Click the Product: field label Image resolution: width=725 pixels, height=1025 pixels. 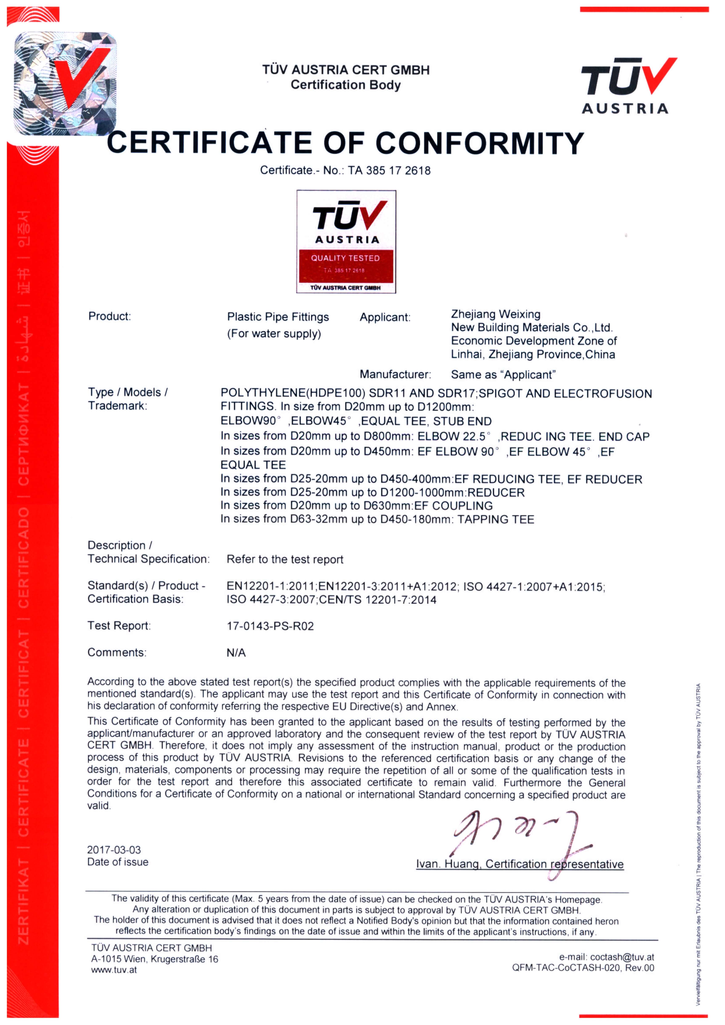109,316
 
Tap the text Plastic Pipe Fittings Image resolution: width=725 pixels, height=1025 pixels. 278,317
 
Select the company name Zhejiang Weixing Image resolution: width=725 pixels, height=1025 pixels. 496,314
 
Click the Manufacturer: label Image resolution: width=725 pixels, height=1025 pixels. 395,374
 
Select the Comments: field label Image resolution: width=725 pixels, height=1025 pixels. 117,653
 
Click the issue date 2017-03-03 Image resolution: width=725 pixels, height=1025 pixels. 114,850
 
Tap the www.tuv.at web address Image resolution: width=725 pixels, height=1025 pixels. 114,970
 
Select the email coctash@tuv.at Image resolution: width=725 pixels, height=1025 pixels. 622,957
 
